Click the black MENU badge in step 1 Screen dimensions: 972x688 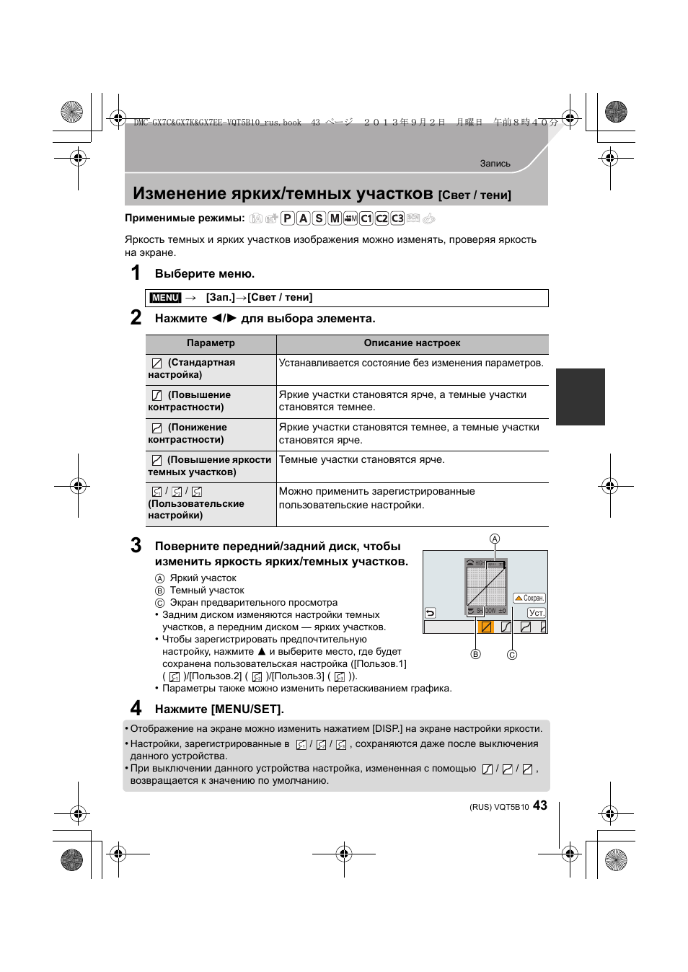click(x=165, y=298)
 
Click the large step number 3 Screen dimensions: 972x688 click(x=136, y=545)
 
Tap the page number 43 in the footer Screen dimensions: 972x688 click(x=540, y=805)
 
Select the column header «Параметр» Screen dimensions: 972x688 click(x=211, y=343)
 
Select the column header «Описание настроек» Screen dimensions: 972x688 click(x=412, y=343)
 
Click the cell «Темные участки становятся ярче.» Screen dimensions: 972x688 click(x=362, y=460)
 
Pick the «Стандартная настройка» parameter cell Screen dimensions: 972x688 click(x=193, y=368)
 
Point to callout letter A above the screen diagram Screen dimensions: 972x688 click(x=495, y=539)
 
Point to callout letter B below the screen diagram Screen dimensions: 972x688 click(x=475, y=654)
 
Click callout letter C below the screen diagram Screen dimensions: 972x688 click(x=512, y=655)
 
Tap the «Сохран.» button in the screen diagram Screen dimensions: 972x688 click(x=529, y=598)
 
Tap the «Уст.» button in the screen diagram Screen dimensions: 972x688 click(x=537, y=613)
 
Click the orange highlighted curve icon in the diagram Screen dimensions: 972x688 click(x=486, y=627)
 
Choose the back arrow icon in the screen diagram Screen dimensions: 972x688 click(x=431, y=613)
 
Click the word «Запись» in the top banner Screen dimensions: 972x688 click(x=495, y=164)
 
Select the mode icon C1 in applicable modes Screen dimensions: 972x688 click(x=366, y=218)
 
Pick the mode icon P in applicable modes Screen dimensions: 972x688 click(x=287, y=218)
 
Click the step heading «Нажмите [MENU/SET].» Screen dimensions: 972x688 click(x=219, y=709)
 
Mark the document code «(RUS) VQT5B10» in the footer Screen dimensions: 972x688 click(x=499, y=808)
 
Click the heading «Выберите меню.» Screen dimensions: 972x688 click(x=205, y=273)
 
